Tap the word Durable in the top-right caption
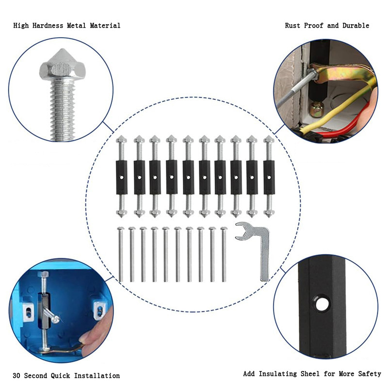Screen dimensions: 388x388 pos(355,25)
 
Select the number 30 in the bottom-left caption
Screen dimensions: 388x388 pos(17,375)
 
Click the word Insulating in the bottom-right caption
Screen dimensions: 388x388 pos(280,374)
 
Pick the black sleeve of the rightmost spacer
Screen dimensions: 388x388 pos(269,177)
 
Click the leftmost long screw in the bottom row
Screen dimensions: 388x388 pos(120,255)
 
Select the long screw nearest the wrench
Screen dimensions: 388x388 pos(224,255)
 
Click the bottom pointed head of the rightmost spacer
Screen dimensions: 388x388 pos(269,213)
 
